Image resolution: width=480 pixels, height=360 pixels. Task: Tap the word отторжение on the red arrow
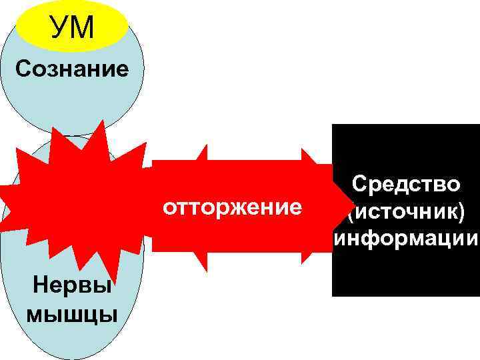point(232,207)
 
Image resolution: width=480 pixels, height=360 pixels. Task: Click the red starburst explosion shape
point(73,200)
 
